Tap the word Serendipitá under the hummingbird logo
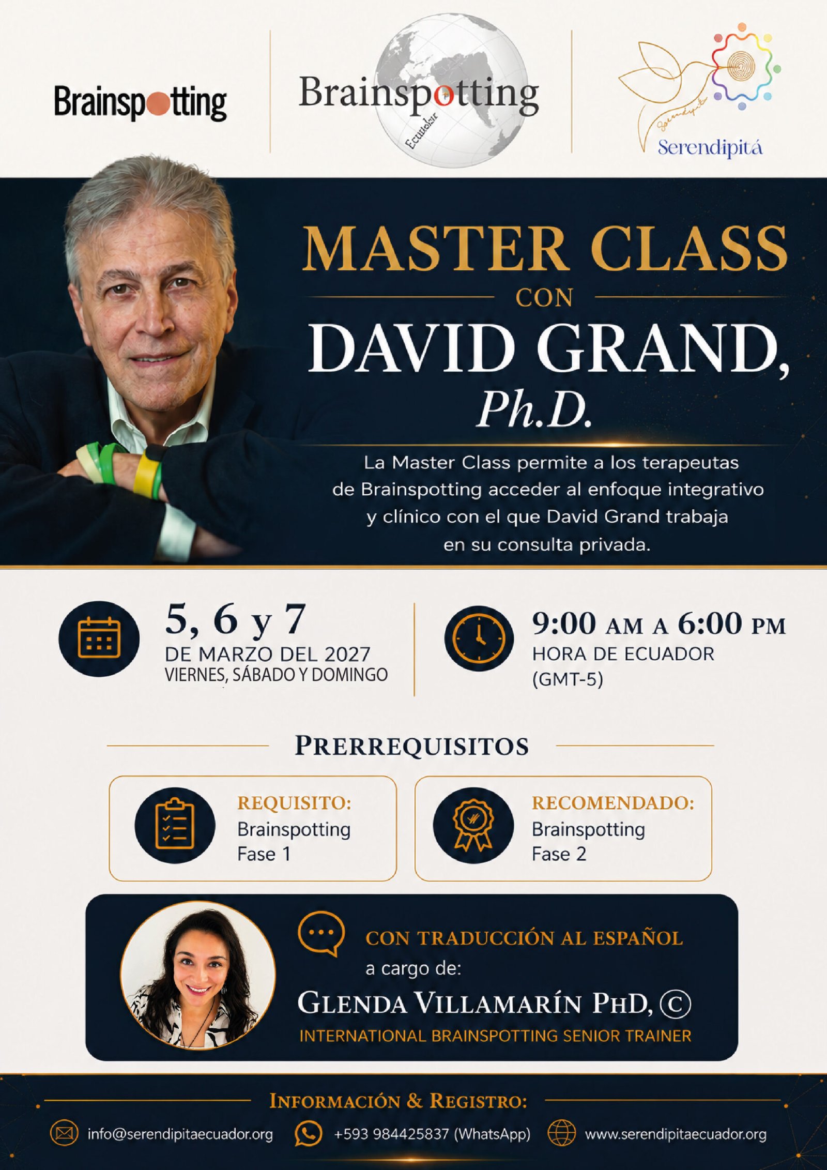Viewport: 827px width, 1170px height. point(710,148)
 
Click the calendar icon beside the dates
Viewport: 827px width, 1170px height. point(99,639)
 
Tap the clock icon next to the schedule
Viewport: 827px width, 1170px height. point(479,639)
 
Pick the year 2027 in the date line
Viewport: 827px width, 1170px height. point(347,654)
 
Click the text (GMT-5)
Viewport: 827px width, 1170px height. point(568,679)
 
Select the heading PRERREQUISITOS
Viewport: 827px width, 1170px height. point(411,746)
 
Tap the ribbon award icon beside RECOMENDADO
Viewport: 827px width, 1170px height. point(473,825)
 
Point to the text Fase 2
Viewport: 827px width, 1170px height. point(559,854)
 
